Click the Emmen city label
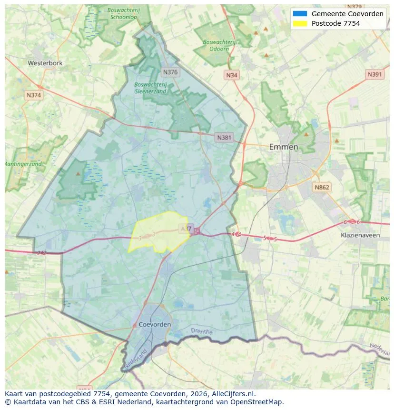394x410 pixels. click(x=283, y=147)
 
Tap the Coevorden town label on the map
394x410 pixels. click(x=155, y=324)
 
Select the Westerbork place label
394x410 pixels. click(x=45, y=63)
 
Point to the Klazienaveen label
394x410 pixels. click(x=360, y=235)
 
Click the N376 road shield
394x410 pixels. click(x=170, y=72)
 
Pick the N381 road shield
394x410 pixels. click(x=224, y=138)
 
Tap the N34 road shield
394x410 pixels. click(x=232, y=75)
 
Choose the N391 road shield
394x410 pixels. click(x=375, y=74)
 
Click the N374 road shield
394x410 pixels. click(x=34, y=95)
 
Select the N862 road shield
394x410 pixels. click(x=322, y=187)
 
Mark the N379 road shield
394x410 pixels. click(x=355, y=7)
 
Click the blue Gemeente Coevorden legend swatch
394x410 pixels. click(x=300, y=14)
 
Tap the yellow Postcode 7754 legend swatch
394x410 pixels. click(x=300, y=23)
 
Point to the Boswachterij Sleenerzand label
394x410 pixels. click(x=150, y=88)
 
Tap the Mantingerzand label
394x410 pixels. click(x=23, y=164)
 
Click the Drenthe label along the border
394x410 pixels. click(x=202, y=331)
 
